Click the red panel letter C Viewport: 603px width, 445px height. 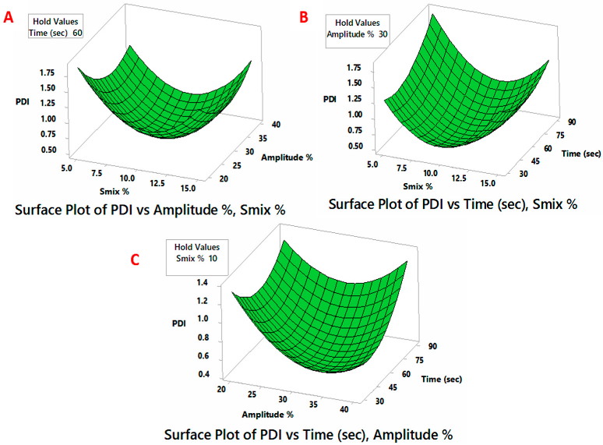134,260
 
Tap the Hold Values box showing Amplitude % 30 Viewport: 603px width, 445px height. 354,30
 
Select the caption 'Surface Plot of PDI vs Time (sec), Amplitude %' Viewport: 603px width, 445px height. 309,433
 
